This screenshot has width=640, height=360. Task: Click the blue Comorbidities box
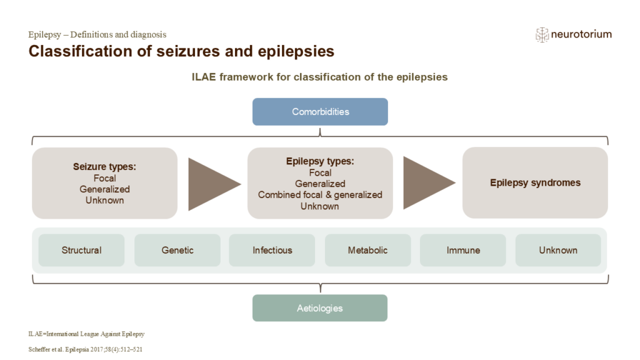(x=320, y=112)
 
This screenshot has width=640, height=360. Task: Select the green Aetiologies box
(x=320, y=308)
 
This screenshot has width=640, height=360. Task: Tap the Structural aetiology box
(x=81, y=250)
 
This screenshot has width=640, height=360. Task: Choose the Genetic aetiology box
(x=177, y=250)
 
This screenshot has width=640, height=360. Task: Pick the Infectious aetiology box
(x=272, y=250)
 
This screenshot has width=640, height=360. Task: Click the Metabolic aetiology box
(x=367, y=250)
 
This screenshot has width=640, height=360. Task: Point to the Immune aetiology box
(x=463, y=250)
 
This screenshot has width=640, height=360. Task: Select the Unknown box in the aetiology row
(x=558, y=250)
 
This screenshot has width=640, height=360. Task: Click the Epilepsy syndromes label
(x=535, y=183)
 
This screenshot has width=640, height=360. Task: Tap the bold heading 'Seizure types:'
(x=104, y=167)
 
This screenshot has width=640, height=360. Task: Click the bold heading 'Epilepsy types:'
(x=320, y=161)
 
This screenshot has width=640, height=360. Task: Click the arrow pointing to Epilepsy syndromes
(x=426, y=183)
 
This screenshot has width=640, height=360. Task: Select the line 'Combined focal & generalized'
(x=320, y=195)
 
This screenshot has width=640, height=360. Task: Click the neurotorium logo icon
(x=542, y=35)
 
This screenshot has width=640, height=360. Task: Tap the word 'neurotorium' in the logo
(x=581, y=34)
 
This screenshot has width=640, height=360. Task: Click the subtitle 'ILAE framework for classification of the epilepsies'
(x=319, y=77)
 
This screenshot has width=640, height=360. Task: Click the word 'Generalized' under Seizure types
(x=104, y=189)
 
